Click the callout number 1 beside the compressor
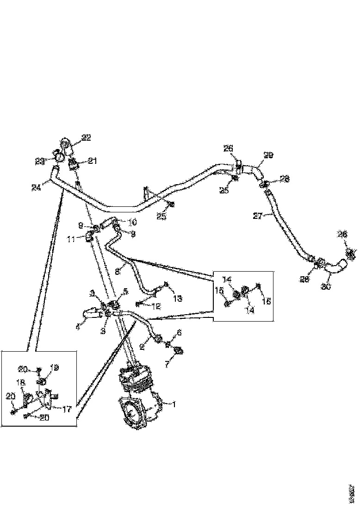click(x=175, y=404)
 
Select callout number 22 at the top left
click(x=87, y=137)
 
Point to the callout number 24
click(x=36, y=187)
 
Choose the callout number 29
click(x=268, y=155)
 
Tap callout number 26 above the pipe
click(x=228, y=149)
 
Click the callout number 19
click(x=55, y=367)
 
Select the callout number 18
click(x=20, y=383)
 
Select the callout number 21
click(x=93, y=161)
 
